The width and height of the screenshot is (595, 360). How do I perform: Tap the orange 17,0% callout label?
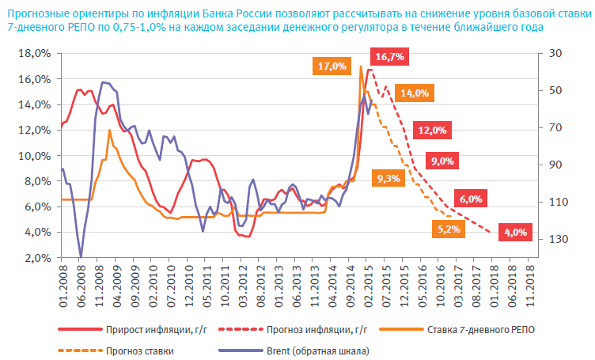click(332, 67)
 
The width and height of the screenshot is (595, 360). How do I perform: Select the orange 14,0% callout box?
click(415, 93)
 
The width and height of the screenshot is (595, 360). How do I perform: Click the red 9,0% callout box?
click(442, 161)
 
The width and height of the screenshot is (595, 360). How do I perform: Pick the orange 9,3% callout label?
click(389, 179)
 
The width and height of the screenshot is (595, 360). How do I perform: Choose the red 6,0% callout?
click(470, 199)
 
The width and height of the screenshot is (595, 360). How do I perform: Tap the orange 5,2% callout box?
click(449, 229)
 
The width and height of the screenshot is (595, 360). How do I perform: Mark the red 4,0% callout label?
click(514, 233)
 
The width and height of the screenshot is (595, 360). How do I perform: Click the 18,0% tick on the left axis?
click(34, 53)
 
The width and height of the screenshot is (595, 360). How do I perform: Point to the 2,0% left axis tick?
click(36, 258)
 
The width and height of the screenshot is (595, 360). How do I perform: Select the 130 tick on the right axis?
click(553, 239)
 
